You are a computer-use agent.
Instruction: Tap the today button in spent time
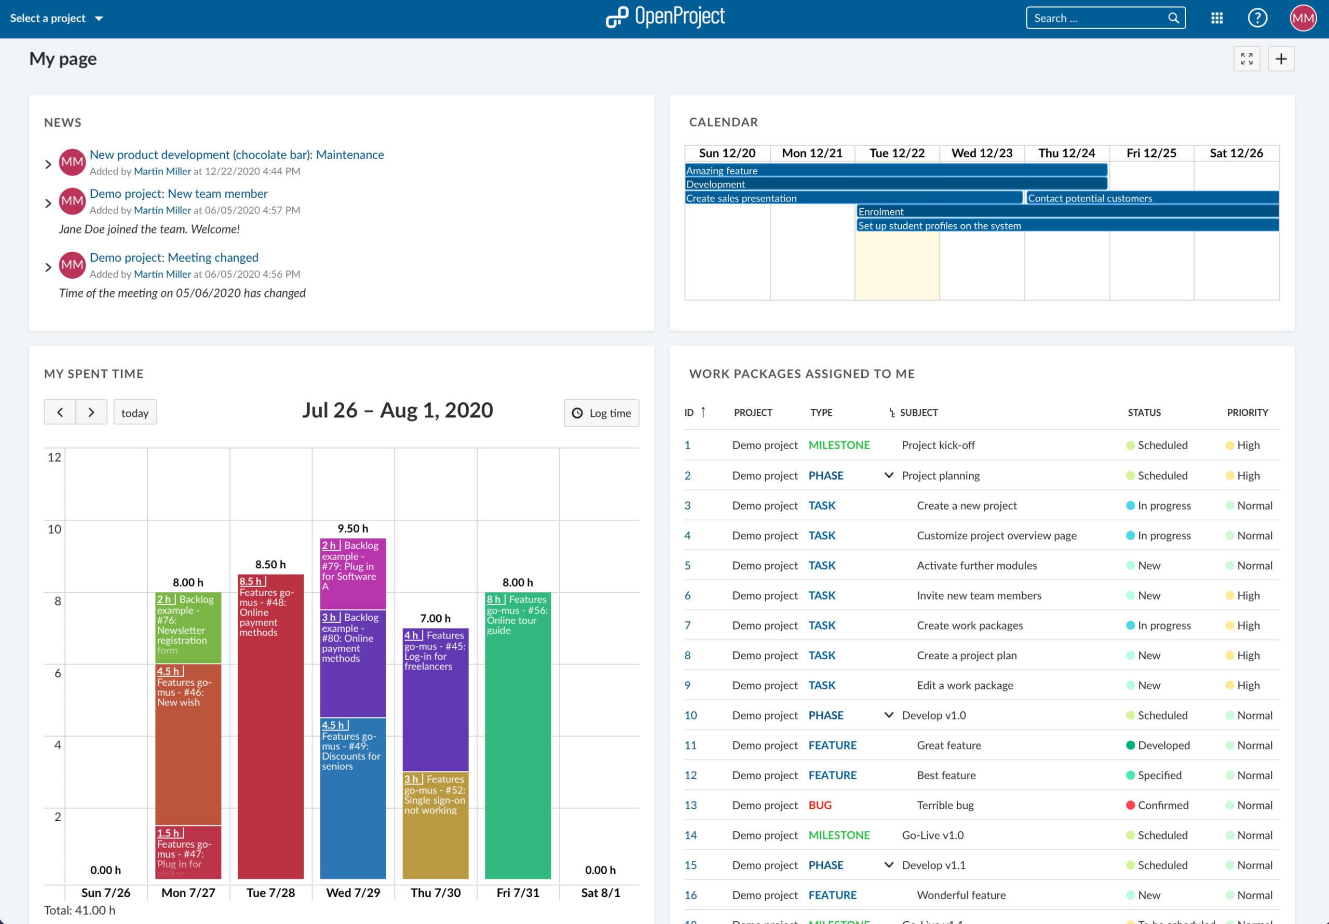click(x=135, y=413)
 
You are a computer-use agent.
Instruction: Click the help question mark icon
click(x=1257, y=18)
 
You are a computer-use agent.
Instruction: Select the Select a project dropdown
click(x=56, y=18)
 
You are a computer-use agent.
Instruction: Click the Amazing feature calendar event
click(x=896, y=170)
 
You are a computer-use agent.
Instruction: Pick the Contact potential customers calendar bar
click(x=1152, y=198)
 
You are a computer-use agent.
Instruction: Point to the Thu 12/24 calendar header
click(x=1066, y=153)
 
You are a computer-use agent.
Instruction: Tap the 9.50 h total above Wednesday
click(x=352, y=528)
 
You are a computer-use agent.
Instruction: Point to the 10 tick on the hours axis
click(x=55, y=528)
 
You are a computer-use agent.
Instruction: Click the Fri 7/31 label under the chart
click(x=518, y=892)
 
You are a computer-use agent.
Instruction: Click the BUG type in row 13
click(x=820, y=805)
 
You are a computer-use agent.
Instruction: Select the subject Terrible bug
click(x=945, y=805)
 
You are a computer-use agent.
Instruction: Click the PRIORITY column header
click(x=1247, y=412)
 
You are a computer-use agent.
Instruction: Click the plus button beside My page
click(x=1281, y=59)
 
